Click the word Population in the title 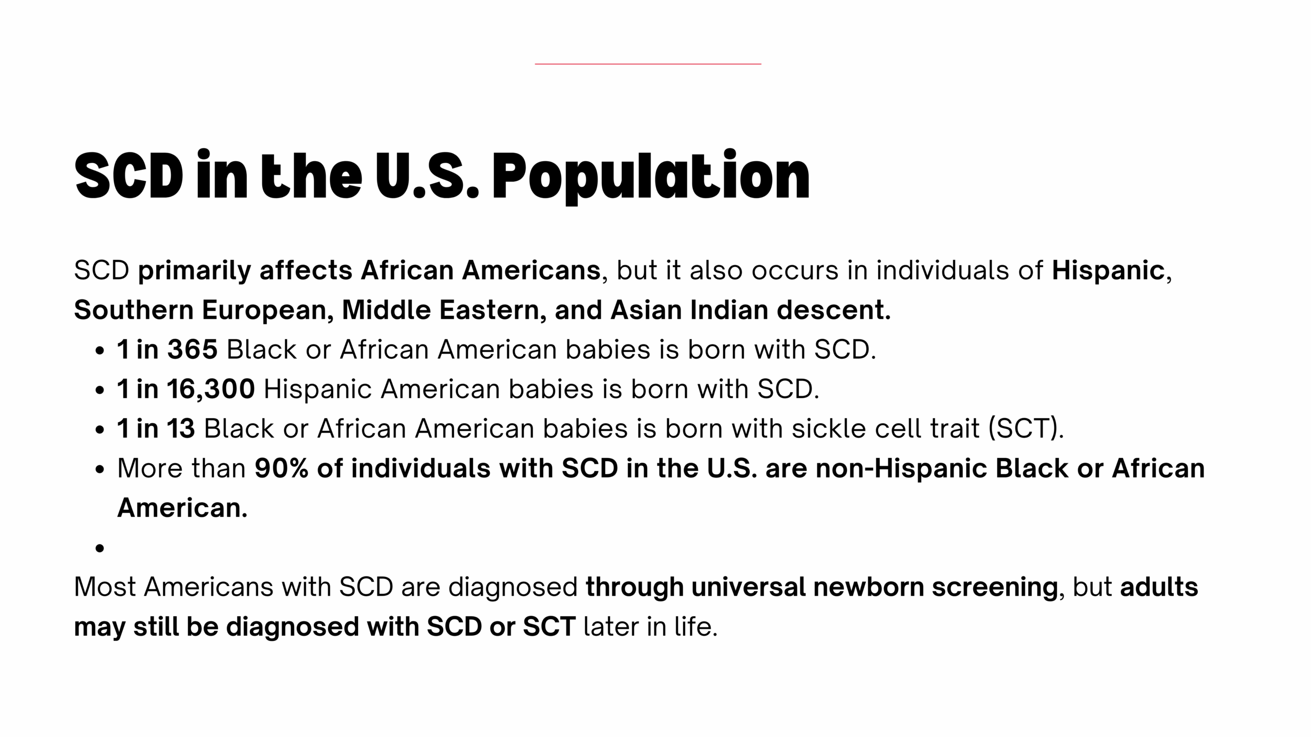651,177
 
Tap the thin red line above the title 648,64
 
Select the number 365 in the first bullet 193,350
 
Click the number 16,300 210,389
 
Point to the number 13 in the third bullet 180,428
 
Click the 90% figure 282,468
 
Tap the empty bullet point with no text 100,548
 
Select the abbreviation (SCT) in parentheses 1026,428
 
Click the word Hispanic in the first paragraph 1108,270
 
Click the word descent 834,310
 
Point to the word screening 995,588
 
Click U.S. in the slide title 427,177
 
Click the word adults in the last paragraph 1159,587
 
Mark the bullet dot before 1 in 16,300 100,390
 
